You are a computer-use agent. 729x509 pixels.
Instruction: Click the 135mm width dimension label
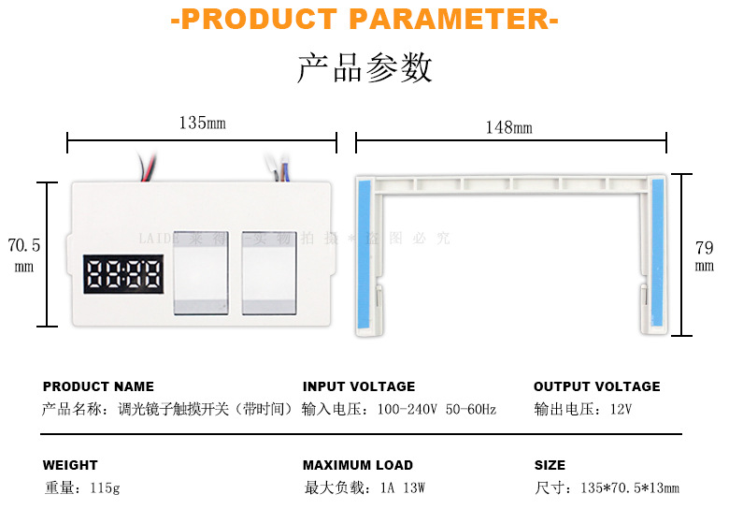(x=202, y=123)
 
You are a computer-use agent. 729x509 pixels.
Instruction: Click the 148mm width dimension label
(x=508, y=127)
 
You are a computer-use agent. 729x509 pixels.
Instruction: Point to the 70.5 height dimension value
(x=24, y=246)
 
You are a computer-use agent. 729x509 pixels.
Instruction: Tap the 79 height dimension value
(x=705, y=249)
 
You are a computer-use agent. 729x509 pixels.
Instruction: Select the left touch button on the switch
(x=200, y=272)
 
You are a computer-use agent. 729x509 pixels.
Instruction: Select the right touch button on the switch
(x=269, y=272)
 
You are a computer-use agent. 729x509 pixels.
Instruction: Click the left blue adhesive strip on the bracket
(x=364, y=254)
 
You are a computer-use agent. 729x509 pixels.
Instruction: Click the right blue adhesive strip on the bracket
(x=658, y=254)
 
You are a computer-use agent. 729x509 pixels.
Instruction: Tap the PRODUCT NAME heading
(x=98, y=386)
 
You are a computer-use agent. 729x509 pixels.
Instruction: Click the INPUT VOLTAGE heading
(x=359, y=386)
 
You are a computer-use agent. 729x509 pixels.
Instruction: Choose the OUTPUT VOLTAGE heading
(x=596, y=386)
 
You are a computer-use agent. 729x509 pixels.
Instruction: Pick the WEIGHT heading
(x=70, y=465)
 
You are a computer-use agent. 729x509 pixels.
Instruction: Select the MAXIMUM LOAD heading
(x=358, y=465)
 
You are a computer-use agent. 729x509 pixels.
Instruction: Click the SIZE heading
(x=550, y=465)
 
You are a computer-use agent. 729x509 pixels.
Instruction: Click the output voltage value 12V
(x=621, y=409)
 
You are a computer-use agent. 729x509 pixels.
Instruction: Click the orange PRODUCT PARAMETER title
(x=364, y=20)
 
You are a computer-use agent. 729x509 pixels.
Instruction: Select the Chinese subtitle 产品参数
(x=364, y=68)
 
